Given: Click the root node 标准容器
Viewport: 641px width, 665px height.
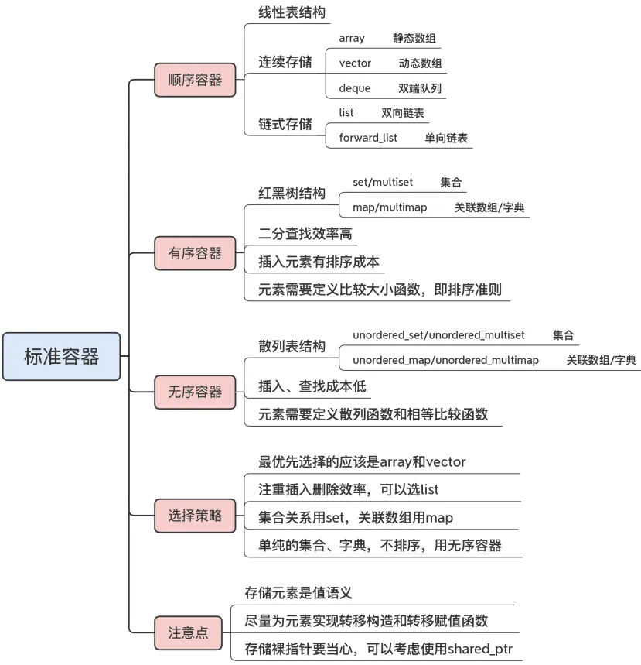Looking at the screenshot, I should (61, 357).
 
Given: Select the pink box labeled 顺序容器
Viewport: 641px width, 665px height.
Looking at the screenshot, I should (195, 80).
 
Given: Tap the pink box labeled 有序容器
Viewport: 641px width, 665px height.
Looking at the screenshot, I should (195, 253).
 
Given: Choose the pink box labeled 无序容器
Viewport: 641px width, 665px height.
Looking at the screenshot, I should (195, 392).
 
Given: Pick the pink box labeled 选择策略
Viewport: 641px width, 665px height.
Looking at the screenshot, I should (195, 516).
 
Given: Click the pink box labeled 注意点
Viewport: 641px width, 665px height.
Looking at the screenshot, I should (188, 632).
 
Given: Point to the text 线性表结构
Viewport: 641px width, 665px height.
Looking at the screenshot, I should (292, 13).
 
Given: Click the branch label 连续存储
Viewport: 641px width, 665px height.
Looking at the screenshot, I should (285, 63).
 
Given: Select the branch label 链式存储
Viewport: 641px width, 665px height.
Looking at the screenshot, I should (285, 124).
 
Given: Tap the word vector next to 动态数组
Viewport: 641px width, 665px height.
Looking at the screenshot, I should (355, 63).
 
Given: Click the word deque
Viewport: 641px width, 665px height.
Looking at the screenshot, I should (355, 88).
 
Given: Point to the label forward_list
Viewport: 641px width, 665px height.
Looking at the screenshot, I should (368, 138).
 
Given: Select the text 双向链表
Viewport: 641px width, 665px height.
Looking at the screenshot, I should (403, 113).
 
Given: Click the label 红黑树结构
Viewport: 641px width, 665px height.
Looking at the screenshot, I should (292, 193).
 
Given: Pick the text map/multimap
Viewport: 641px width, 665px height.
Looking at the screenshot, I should (390, 207).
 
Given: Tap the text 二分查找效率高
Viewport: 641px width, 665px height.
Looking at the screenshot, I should (307, 232).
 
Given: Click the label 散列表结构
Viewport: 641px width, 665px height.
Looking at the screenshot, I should (292, 346).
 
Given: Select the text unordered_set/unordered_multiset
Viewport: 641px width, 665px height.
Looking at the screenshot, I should (438, 334).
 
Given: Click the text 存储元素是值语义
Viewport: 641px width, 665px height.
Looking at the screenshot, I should (298, 593).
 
